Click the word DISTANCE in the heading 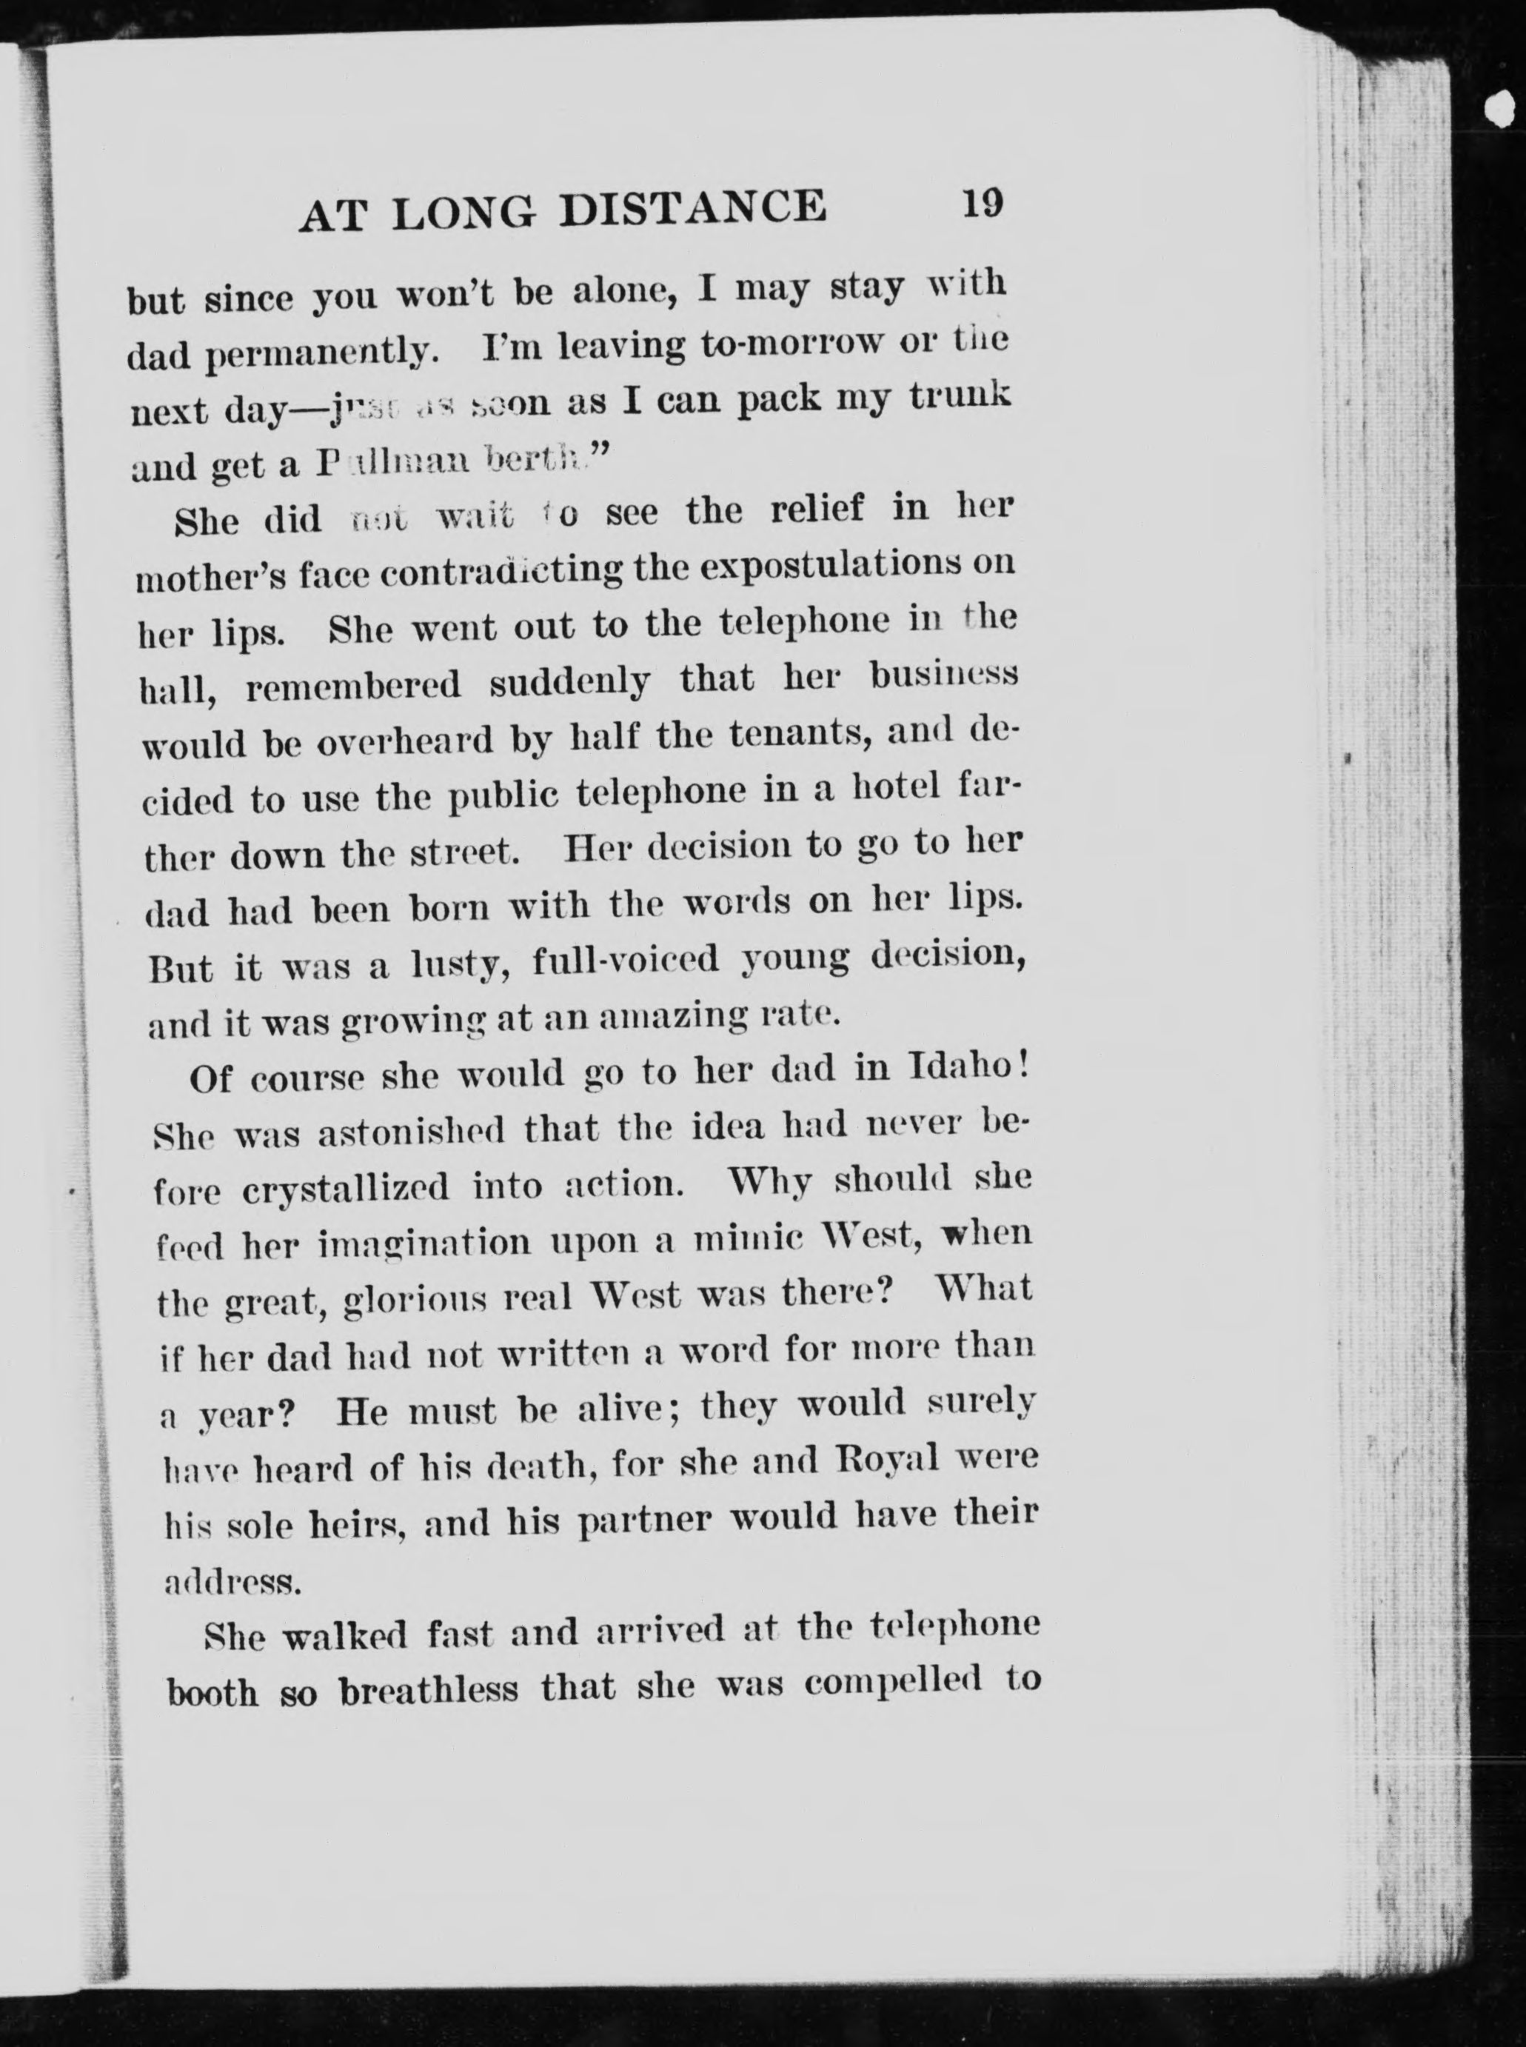coord(693,208)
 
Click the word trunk coord(960,396)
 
